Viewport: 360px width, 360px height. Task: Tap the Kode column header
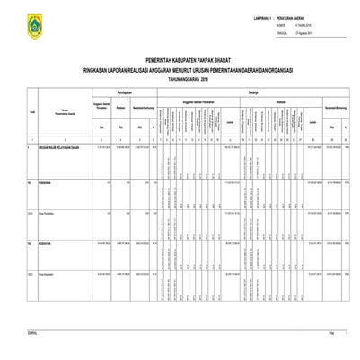[8, 110]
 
